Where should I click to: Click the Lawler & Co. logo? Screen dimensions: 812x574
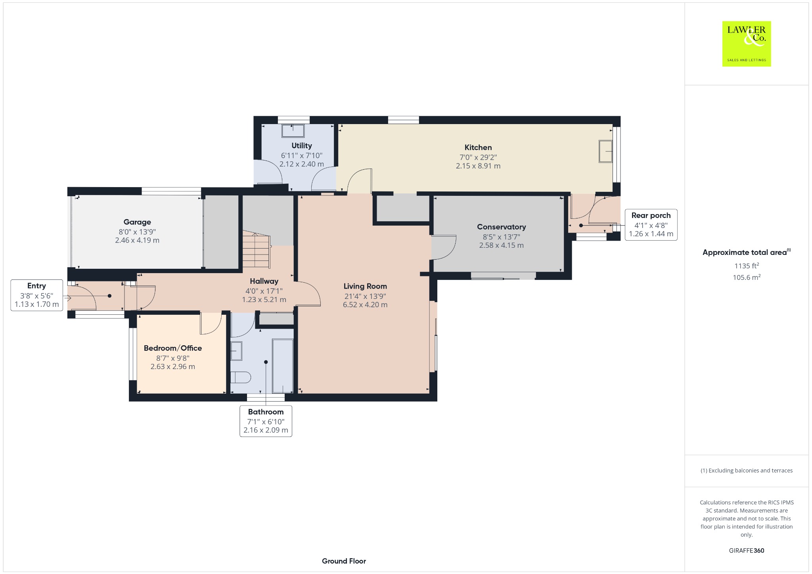(x=746, y=44)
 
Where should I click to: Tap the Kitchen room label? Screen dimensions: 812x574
(x=478, y=147)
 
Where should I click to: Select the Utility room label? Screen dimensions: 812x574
(x=302, y=145)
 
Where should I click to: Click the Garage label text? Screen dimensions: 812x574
(x=137, y=222)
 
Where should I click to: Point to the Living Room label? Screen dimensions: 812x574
(x=365, y=286)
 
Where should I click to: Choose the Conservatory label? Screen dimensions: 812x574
(x=502, y=227)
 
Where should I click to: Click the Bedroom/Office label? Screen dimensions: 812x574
(x=173, y=348)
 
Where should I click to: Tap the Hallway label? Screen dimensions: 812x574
(x=264, y=281)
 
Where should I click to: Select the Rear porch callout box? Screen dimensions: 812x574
(x=651, y=225)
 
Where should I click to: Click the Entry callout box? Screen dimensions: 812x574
(x=37, y=295)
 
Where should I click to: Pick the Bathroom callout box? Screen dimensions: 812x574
(x=266, y=421)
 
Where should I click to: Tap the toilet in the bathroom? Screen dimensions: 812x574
(x=241, y=377)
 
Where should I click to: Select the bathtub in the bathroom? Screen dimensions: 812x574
(x=283, y=365)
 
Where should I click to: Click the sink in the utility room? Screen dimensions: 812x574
(x=293, y=131)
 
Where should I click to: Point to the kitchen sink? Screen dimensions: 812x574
(x=605, y=151)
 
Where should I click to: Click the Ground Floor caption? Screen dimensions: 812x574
(x=344, y=561)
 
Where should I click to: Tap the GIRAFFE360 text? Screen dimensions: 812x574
(x=747, y=550)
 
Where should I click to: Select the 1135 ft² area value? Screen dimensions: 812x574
(x=747, y=266)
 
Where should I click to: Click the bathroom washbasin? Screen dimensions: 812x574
(x=236, y=351)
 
